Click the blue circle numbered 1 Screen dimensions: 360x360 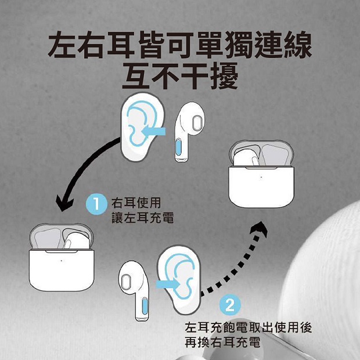96,204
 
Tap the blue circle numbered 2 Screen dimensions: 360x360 230,305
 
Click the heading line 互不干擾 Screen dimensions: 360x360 180,76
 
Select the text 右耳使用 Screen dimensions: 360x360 136,203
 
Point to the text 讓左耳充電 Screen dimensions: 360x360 143,218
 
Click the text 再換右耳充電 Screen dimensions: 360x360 222,342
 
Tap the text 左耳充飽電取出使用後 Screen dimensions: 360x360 248,327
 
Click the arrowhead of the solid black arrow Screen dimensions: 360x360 65,203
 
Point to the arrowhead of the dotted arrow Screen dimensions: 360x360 259,229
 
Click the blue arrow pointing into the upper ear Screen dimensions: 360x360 153,131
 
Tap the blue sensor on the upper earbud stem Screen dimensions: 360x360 179,147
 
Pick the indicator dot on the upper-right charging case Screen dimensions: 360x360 261,177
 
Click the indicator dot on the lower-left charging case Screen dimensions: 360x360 62,261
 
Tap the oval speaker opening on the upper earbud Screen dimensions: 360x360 197,122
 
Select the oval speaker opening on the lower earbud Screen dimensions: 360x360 125,281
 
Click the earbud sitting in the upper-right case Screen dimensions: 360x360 247,158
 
